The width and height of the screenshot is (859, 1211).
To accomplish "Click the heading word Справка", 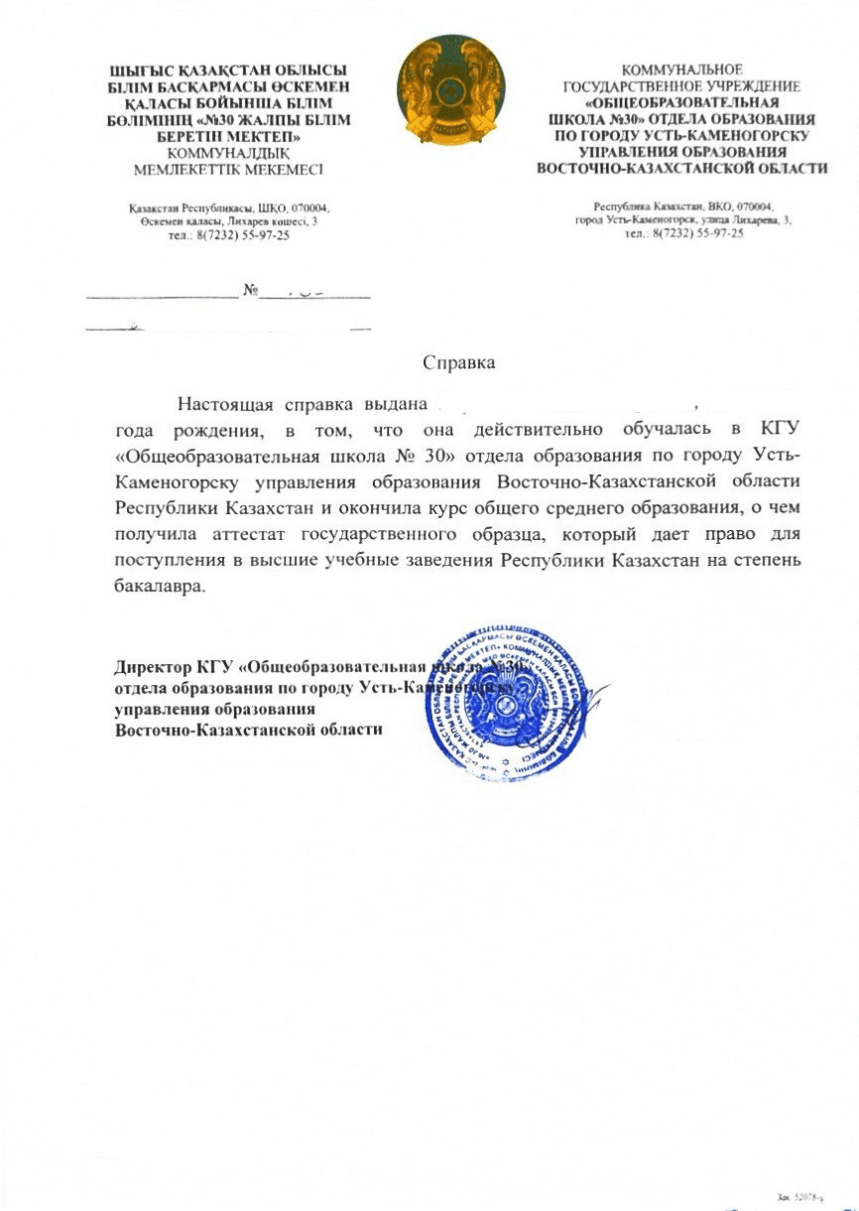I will click(459, 362).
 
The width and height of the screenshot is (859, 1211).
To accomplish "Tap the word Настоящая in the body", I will click(223, 404).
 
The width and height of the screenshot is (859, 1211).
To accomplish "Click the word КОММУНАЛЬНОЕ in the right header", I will click(681, 70).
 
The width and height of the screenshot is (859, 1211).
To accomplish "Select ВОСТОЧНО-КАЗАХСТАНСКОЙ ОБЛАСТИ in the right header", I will click(681, 168).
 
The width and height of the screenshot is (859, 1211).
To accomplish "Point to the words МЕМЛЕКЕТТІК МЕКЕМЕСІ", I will click(228, 169).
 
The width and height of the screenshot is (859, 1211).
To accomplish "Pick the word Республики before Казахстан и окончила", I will click(165, 507).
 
